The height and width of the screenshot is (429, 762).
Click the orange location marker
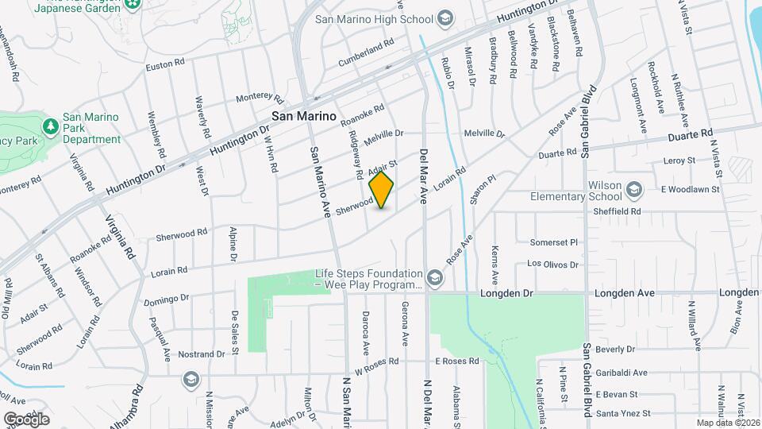pyautogui.click(x=382, y=190)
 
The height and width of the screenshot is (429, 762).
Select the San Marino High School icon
pyautogui.click(x=445, y=18)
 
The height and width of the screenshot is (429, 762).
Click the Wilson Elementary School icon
pyautogui.click(x=633, y=189)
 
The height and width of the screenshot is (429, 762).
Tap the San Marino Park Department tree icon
pyautogui.click(x=50, y=126)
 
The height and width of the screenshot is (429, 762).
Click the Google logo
pyautogui.click(x=26, y=419)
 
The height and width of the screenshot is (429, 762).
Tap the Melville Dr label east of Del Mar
pyautogui.click(x=484, y=133)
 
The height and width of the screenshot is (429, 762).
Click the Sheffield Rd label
pyautogui.click(x=620, y=212)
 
